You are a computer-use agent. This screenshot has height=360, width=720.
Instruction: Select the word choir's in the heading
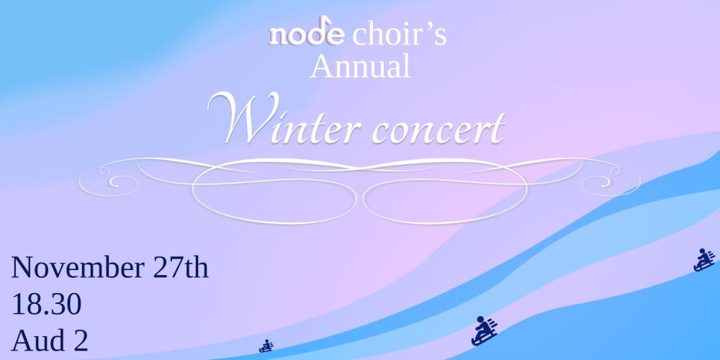[x=399, y=34]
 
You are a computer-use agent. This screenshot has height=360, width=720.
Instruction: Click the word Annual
[x=360, y=66]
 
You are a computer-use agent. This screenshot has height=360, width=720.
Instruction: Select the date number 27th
[x=181, y=267]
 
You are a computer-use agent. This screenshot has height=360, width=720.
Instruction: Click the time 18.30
[x=46, y=304]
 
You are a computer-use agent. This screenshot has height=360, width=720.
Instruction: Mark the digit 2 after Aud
[x=81, y=341]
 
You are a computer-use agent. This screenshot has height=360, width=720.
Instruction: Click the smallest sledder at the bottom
[x=266, y=346]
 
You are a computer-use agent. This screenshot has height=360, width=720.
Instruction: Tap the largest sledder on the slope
[x=484, y=330]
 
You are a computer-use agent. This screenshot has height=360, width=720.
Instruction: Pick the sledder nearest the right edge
[x=704, y=260]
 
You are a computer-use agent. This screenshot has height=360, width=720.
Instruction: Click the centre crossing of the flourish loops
[x=359, y=167]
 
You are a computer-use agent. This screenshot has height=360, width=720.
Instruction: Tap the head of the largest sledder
[x=480, y=319]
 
